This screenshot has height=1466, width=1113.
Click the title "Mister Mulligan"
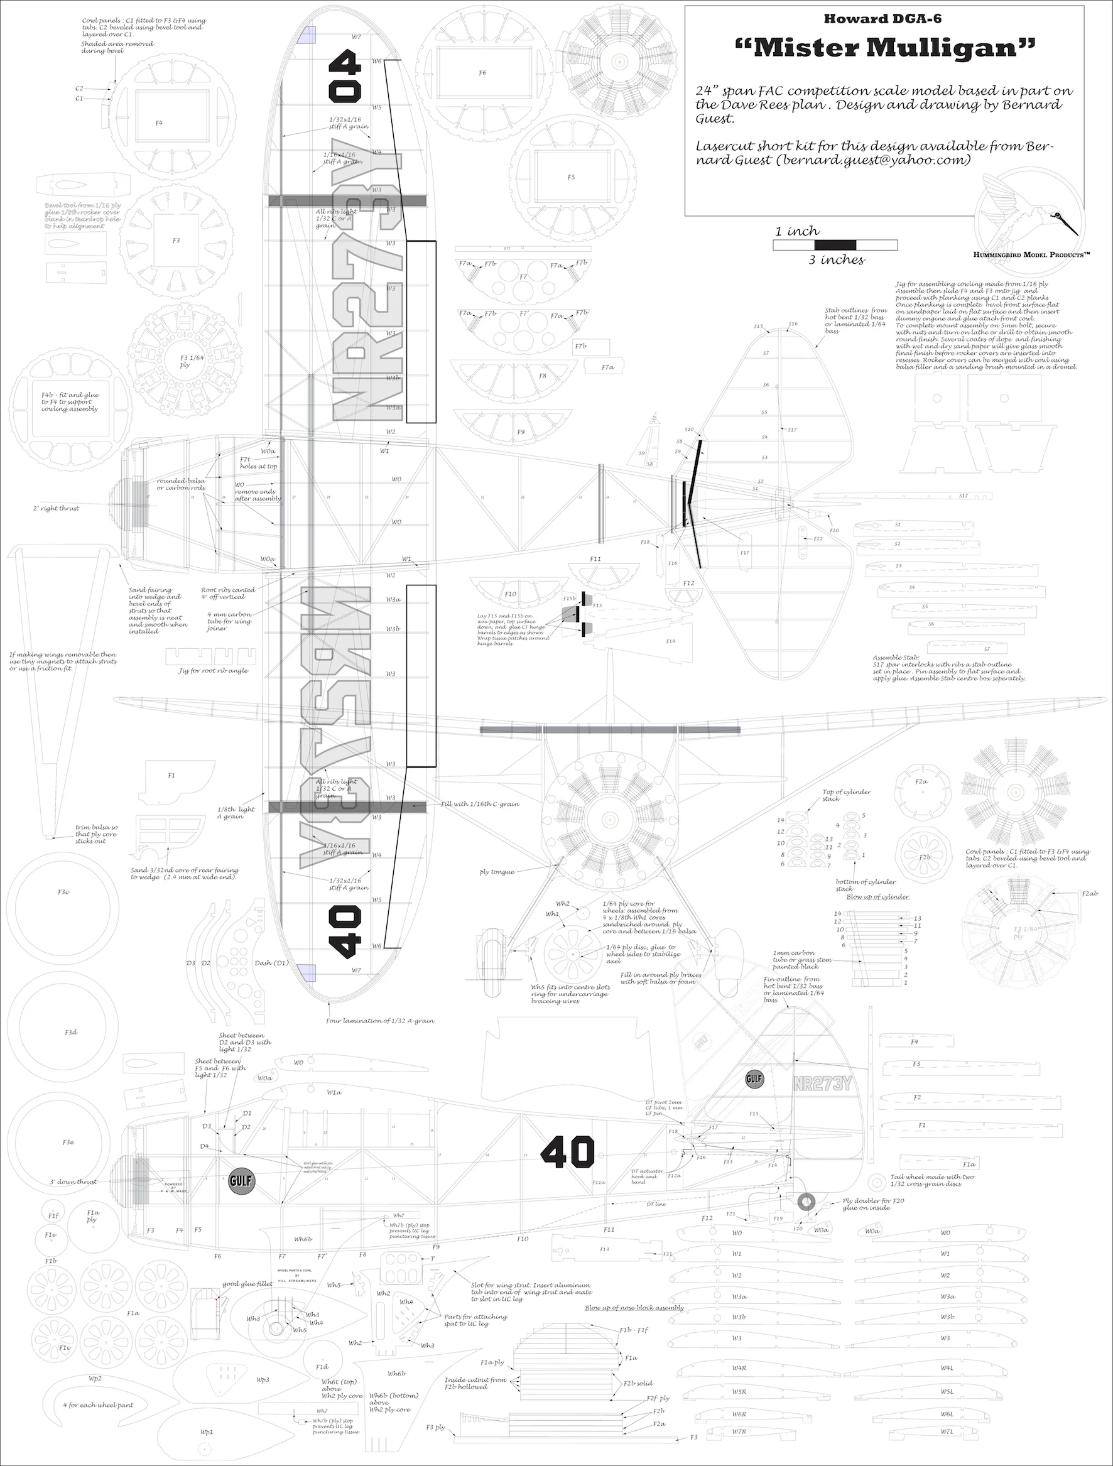pos(885,48)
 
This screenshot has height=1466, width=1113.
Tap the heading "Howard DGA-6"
pos(882,19)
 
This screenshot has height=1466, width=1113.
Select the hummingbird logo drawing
pos(1029,211)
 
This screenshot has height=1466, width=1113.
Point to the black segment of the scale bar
pos(835,245)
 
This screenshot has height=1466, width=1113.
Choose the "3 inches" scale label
pos(836,260)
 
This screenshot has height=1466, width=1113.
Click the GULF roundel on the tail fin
pos(754,1079)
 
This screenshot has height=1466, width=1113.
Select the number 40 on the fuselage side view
pos(568,1153)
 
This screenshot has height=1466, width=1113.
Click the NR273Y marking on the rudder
pos(822,1084)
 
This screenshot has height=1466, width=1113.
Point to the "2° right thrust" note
pos(57,508)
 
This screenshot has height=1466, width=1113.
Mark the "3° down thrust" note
pos(73,1181)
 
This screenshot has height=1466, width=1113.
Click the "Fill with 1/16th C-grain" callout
pos(480,804)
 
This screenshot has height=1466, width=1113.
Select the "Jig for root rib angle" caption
pos(214,671)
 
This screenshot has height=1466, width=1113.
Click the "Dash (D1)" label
pos(272,962)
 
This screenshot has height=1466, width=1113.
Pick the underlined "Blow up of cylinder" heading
pos(877,897)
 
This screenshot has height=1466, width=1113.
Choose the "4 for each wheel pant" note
pos(98,1405)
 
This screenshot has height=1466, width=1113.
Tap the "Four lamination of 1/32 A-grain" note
pos(380,1021)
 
